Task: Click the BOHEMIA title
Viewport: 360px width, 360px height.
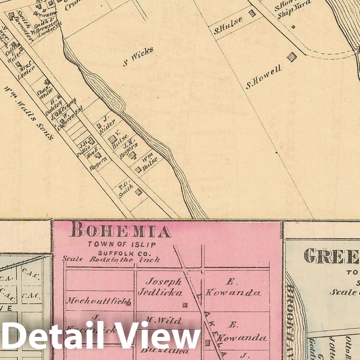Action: coord(120,231)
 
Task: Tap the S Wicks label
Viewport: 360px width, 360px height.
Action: coord(139,57)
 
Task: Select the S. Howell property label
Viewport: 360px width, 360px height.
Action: coord(264,77)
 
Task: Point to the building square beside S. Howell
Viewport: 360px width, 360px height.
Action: coord(292,57)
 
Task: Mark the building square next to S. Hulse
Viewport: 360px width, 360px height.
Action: coord(252,14)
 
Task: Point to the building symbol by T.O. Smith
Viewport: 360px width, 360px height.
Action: coord(138,192)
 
